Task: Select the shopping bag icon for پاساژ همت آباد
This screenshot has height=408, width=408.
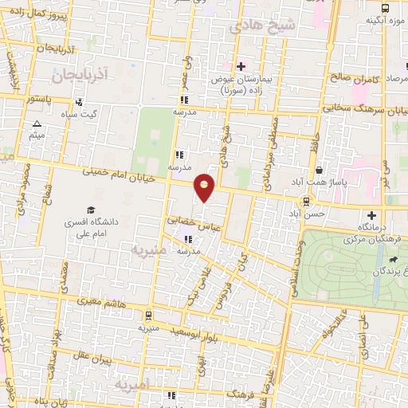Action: pyautogui.click(x=319, y=170)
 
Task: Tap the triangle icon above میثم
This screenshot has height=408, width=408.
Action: pyautogui.click(x=37, y=124)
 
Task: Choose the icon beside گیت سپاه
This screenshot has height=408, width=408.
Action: pyautogui.click(x=80, y=103)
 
